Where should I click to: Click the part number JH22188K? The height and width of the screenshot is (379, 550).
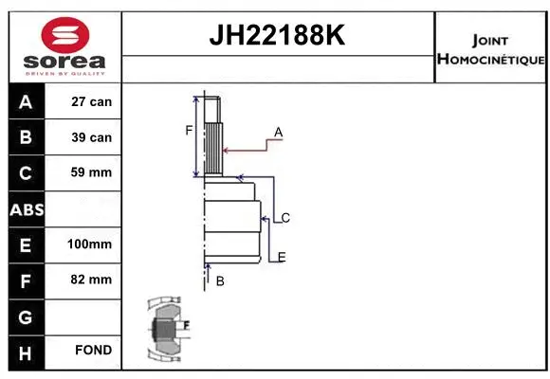point(278,37)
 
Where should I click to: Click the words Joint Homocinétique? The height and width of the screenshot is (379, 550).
point(490,50)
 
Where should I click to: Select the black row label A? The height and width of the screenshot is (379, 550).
point(25,101)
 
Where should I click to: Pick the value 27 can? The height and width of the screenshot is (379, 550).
point(92,101)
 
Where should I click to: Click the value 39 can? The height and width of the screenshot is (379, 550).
point(92,137)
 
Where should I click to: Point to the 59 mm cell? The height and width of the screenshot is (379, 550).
point(92,172)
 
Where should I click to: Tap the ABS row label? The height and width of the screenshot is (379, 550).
point(25,208)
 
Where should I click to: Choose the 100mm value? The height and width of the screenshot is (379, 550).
point(90,244)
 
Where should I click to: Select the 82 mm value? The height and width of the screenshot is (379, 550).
point(92,280)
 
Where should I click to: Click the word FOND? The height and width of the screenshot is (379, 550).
point(93,351)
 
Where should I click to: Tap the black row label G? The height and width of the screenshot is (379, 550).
point(25,315)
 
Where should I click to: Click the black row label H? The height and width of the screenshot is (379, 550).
point(25,351)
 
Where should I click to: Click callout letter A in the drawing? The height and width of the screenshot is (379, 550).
point(279,131)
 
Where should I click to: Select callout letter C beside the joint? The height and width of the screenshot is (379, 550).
point(284,218)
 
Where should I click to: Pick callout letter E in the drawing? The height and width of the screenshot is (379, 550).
point(282,257)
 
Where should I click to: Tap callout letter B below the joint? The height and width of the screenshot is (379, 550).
point(220,281)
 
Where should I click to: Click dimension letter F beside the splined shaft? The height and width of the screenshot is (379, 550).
point(189,130)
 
